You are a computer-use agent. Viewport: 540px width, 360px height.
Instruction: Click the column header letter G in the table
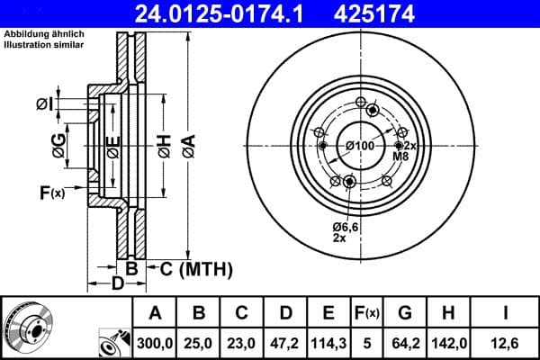405,313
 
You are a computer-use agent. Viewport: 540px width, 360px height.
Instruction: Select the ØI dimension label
45,105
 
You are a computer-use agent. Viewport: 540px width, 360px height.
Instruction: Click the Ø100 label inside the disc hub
360,147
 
